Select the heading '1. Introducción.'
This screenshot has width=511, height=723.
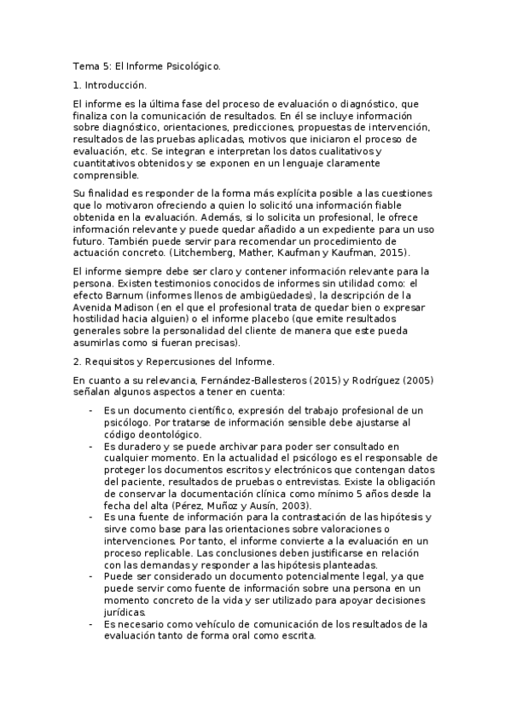pyautogui.click(x=110, y=85)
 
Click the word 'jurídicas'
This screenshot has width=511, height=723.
pyautogui.click(x=125, y=611)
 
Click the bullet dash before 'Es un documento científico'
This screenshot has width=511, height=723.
pyautogui.click(x=91, y=410)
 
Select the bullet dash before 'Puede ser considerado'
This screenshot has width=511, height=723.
pyautogui.click(x=91, y=576)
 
